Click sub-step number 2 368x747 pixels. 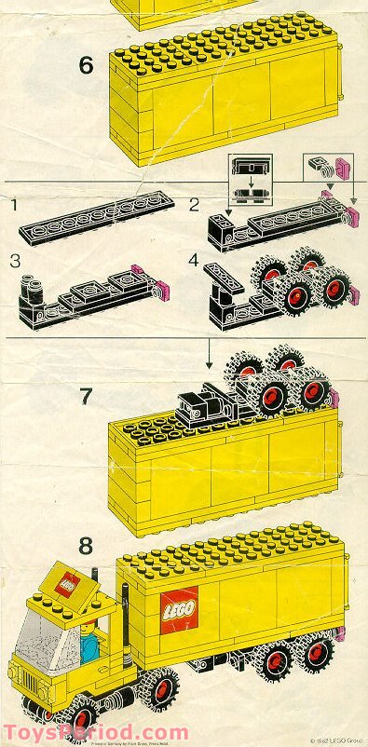pyautogui.click(x=194, y=203)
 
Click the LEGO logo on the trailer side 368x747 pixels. pyautogui.click(x=179, y=613)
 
